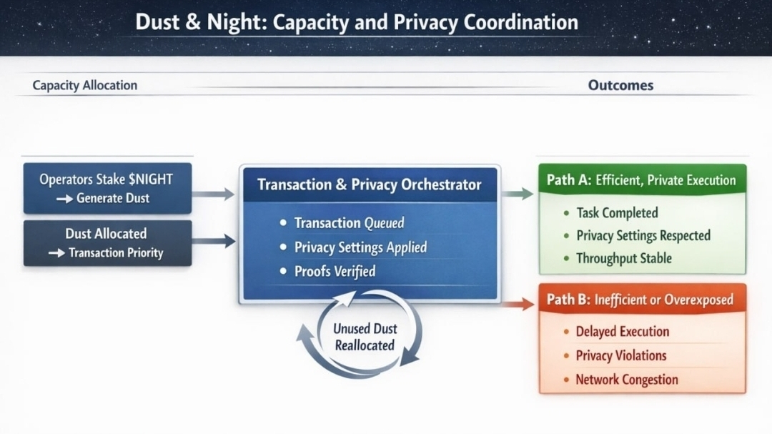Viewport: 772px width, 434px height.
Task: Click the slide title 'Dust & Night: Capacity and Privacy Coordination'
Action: click(356, 22)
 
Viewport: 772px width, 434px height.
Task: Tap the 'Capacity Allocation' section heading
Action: click(84, 85)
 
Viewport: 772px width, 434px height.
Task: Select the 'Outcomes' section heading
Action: click(620, 85)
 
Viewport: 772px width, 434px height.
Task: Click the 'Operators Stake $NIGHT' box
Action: click(107, 188)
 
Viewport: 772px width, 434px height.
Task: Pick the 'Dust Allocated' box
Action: click(107, 243)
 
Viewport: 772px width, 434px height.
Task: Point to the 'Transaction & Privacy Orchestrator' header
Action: click(369, 184)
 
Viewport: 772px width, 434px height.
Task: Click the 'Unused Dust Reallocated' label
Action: click(365, 337)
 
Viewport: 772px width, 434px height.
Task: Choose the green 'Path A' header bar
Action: click(641, 180)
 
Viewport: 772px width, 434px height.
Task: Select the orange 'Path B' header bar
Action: click(641, 300)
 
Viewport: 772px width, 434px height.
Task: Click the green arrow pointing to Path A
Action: click(518, 193)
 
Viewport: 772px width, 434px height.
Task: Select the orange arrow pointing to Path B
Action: click(518, 304)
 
